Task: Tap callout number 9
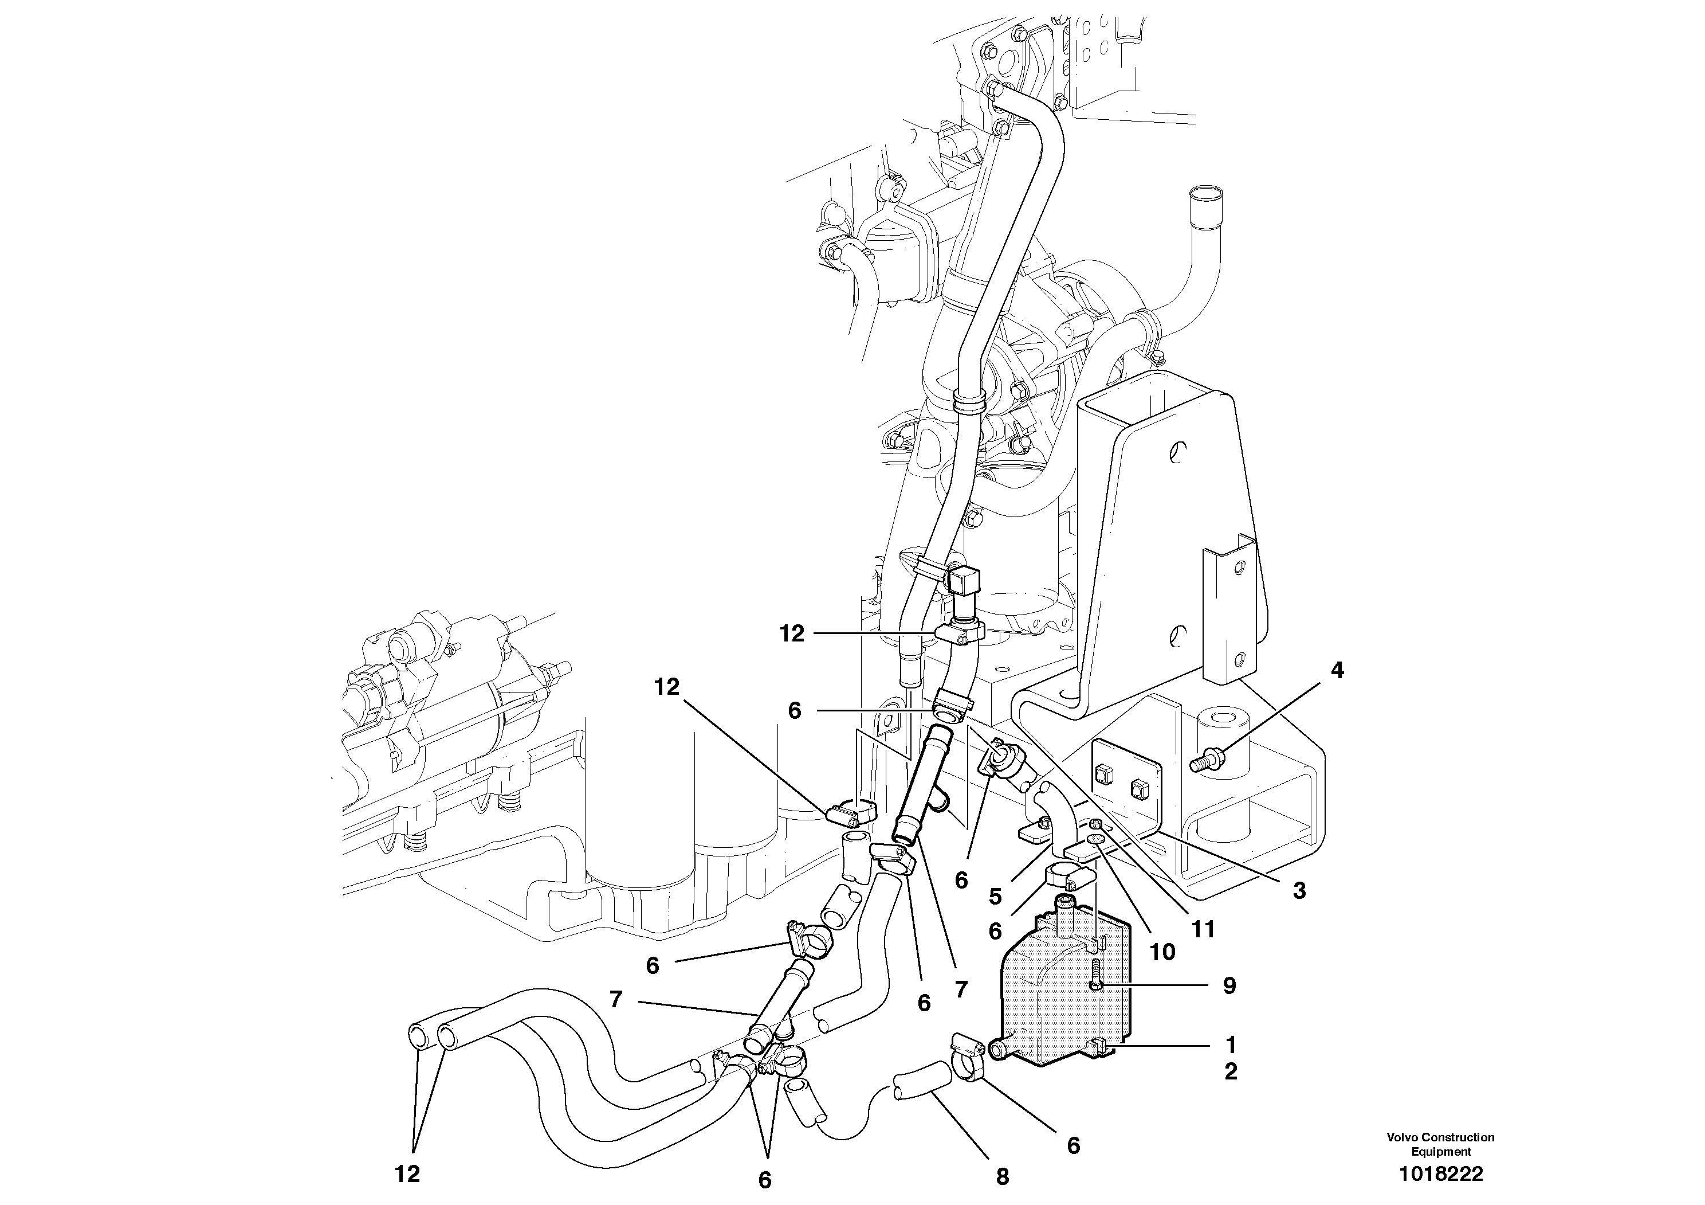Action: tap(1229, 986)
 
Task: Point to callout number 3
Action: tap(1299, 891)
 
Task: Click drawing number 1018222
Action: tap(1441, 1174)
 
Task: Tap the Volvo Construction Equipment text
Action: tap(1441, 1144)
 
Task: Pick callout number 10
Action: tap(1162, 952)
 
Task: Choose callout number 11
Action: tap(1203, 929)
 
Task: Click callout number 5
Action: tap(996, 897)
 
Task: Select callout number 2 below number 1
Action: tap(1231, 1072)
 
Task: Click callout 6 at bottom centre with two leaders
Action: tap(765, 1180)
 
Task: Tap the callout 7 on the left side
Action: tap(616, 1000)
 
